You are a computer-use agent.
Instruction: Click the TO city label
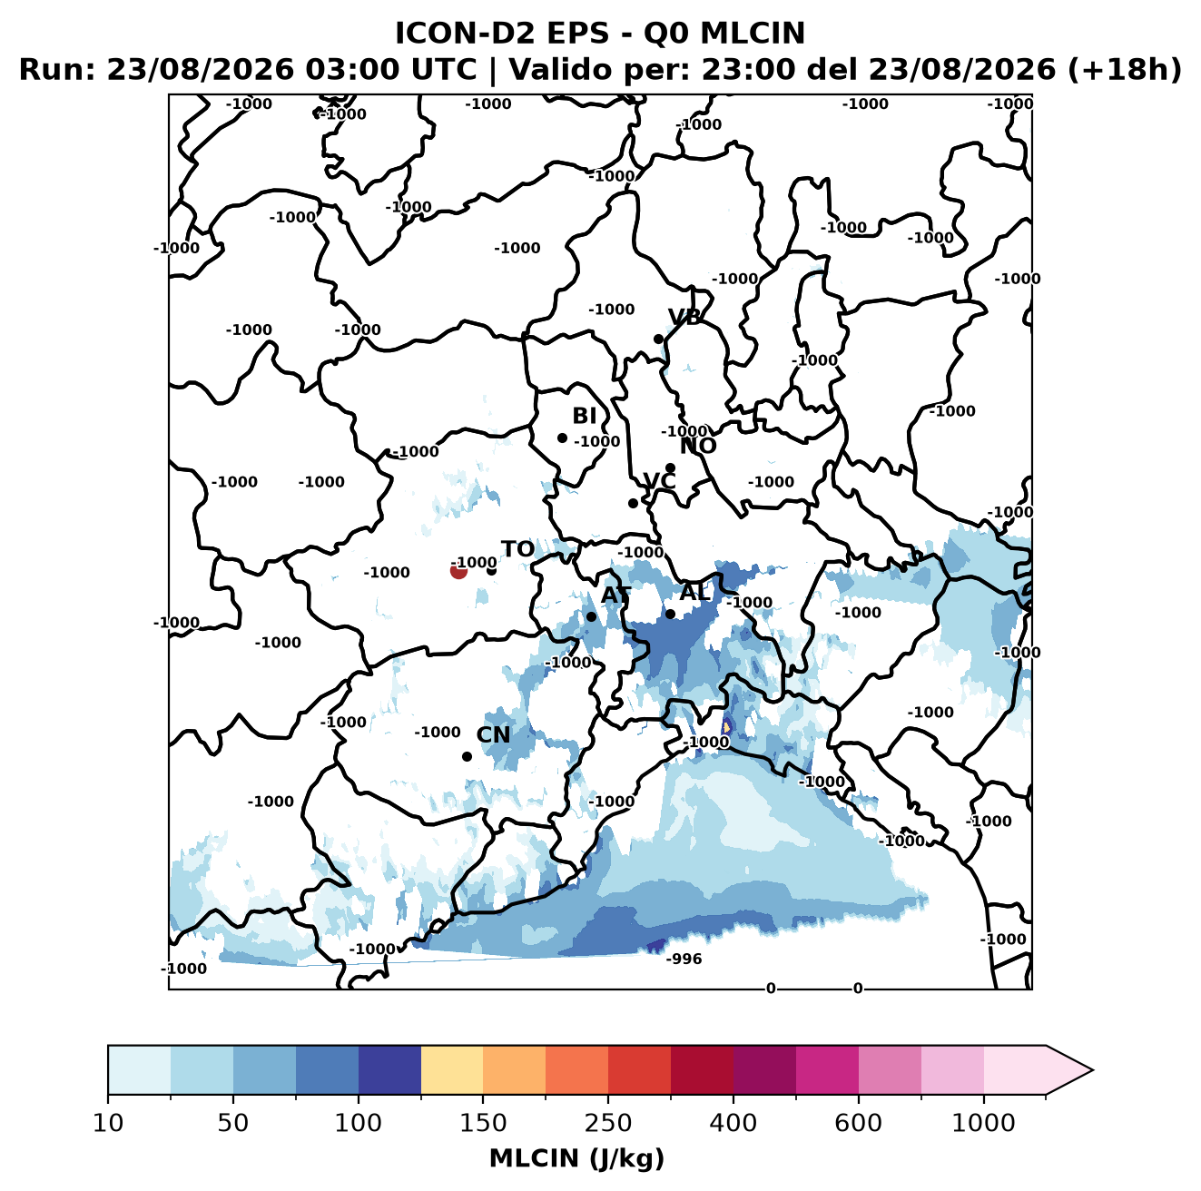click(x=517, y=550)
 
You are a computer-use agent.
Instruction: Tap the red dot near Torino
click(x=458, y=570)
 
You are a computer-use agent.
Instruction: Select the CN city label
click(x=493, y=734)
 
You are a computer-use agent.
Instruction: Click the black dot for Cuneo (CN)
click(x=467, y=756)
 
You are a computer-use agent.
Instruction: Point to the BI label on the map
click(x=584, y=416)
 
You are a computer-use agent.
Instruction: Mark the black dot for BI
click(x=562, y=438)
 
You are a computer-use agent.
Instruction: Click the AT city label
click(x=615, y=595)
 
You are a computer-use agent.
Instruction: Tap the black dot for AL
click(x=670, y=614)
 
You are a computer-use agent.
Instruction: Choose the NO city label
click(x=698, y=446)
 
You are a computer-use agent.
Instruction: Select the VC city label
click(x=659, y=480)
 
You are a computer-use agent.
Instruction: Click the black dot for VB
click(x=659, y=339)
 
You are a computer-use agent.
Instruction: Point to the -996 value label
click(x=684, y=959)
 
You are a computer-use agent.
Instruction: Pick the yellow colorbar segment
click(x=452, y=1069)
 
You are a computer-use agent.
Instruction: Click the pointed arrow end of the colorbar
click(x=1092, y=1070)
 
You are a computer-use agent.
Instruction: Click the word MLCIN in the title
click(x=753, y=34)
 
